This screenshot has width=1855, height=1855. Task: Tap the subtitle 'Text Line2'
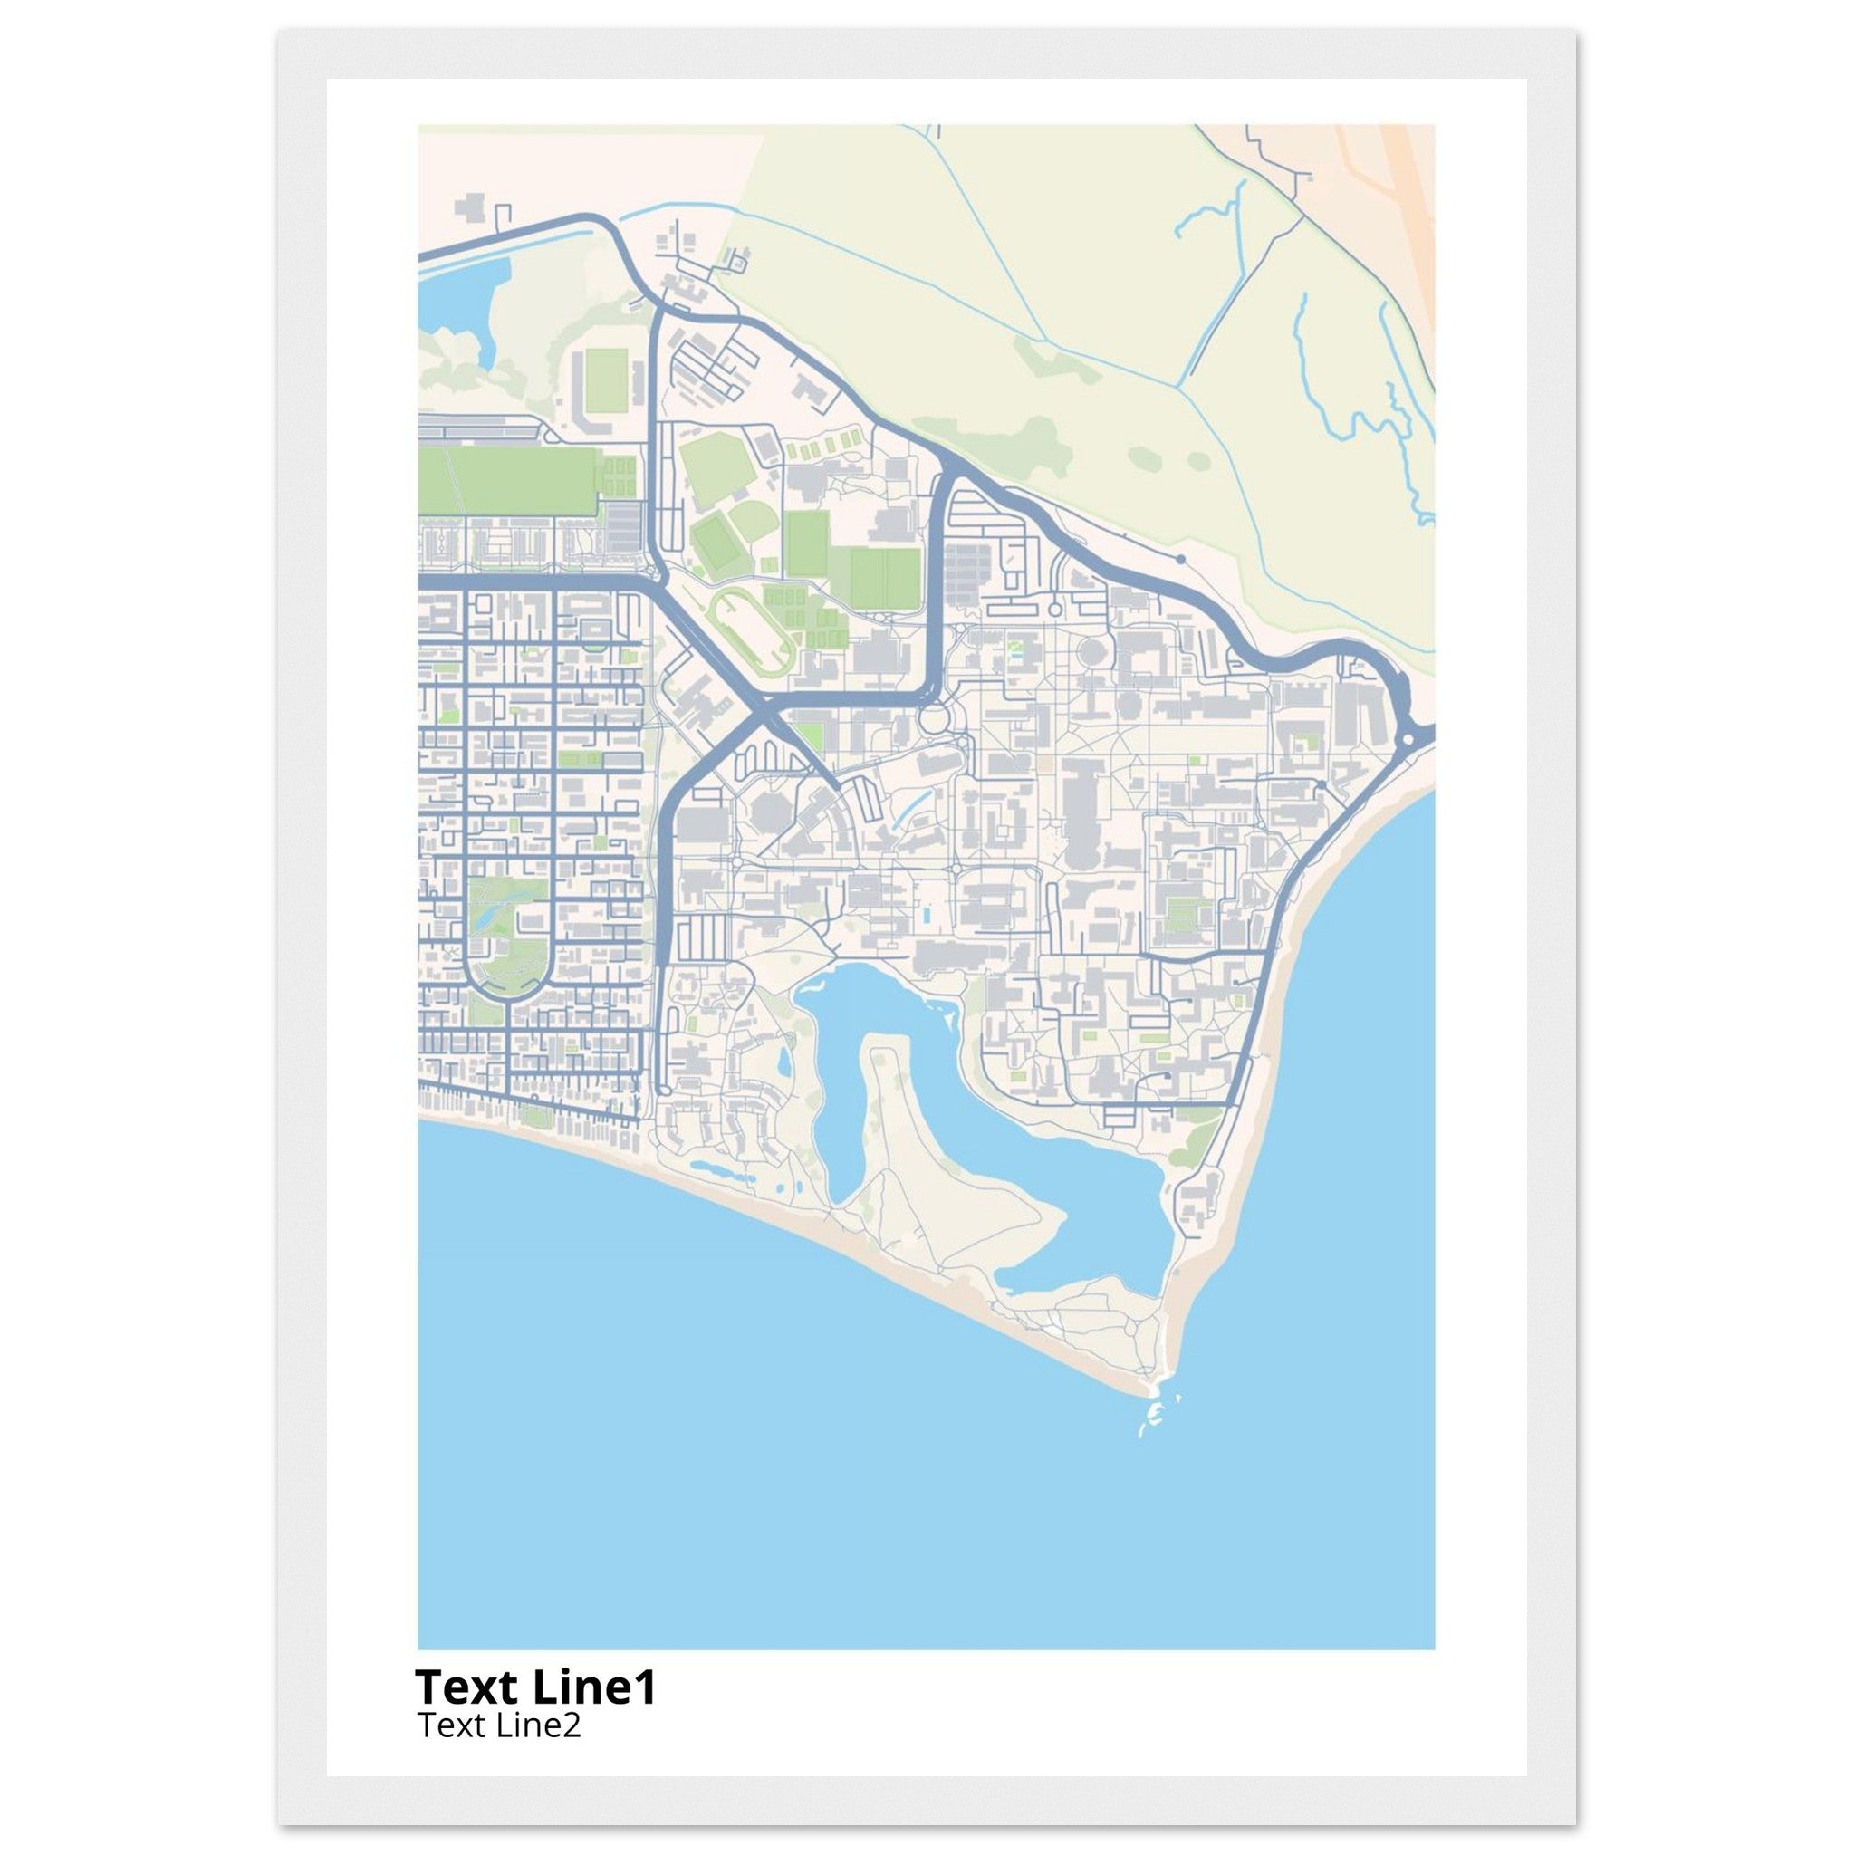(498, 1725)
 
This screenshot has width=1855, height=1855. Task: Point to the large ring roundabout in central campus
(932, 717)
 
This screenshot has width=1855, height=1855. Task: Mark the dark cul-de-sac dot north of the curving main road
(1180, 558)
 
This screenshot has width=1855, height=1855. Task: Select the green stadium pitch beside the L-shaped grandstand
(606, 377)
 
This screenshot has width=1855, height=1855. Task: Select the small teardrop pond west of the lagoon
(784, 1062)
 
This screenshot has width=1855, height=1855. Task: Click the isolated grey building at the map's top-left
(471, 208)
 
